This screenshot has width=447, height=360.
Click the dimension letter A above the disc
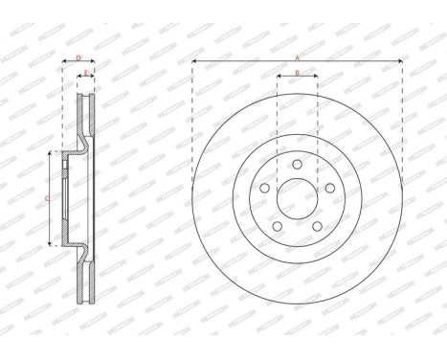pos(297,57)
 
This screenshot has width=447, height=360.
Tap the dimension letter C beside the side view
pos(48,198)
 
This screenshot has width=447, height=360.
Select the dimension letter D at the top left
pos(78,57)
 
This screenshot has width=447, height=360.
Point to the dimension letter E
pos(86,72)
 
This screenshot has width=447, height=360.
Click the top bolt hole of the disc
pos(297,166)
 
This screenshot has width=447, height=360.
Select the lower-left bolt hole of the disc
pos(277,227)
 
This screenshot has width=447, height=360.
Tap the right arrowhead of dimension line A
pos(399,62)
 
